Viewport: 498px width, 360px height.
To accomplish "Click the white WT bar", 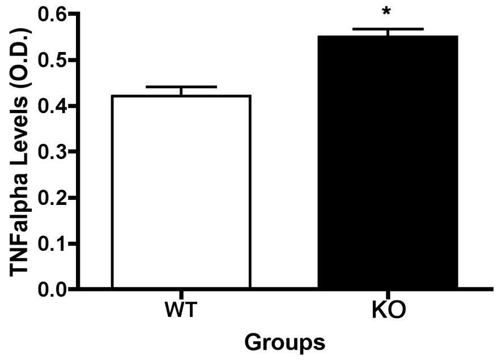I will (x=181, y=192).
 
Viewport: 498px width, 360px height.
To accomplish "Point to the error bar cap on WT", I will (x=181, y=87).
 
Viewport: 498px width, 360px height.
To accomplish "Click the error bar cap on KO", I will (x=388, y=29).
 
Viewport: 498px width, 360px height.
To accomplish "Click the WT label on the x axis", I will (x=181, y=311).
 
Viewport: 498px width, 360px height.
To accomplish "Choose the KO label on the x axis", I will (x=388, y=311).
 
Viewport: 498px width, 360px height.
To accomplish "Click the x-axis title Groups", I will (x=285, y=342).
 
